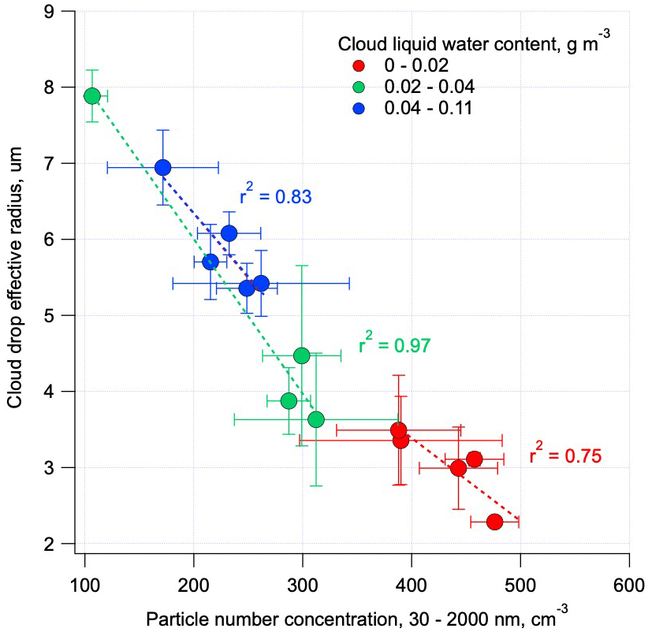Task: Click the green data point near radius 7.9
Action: click(92, 96)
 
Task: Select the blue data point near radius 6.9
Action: click(163, 167)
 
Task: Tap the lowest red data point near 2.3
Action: click(494, 522)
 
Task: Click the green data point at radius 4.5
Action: click(301, 355)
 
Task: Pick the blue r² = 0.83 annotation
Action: click(276, 196)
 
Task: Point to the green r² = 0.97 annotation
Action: click(395, 344)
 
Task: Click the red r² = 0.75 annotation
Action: click(565, 455)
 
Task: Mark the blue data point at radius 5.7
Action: click(211, 262)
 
